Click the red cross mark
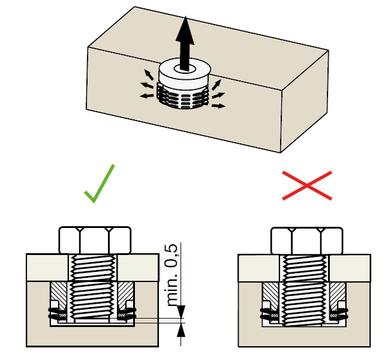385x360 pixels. [x=307, y=186]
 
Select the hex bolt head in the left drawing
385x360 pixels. [x=95, y=240]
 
